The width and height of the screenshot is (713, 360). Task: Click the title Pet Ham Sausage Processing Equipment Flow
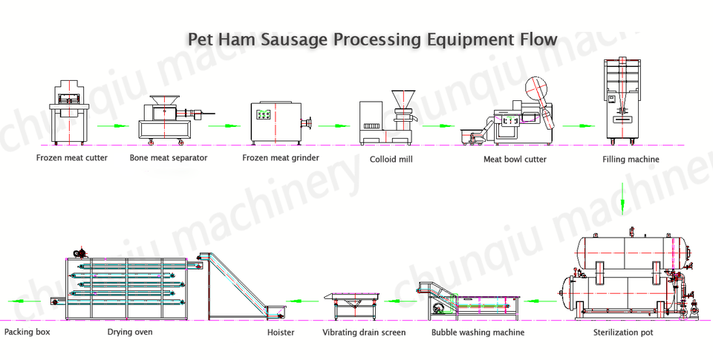(x=371, y=39)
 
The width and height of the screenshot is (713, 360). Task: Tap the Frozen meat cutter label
(x=72, y=158)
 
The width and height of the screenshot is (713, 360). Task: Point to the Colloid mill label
(x=391, y=159)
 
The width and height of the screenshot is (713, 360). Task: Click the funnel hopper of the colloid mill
(x=404, y=98)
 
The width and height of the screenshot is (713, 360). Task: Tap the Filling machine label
(x=630, y=159)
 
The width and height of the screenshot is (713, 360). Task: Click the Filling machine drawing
(x=622, y=100)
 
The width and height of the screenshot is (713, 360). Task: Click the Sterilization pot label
(x=623, y=333)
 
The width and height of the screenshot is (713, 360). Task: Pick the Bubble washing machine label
(x=478, y=333)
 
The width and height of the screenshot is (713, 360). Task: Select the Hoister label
(x=281, y=333)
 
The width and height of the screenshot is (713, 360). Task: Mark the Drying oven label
(x=130, y=332)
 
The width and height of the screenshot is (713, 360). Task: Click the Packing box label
(x=27, y=332)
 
